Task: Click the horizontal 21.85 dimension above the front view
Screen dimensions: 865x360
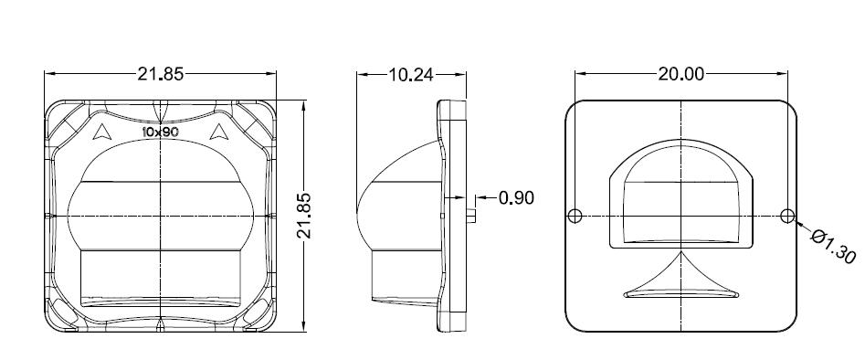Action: point(160,74)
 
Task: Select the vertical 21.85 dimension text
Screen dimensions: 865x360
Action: point(304,216)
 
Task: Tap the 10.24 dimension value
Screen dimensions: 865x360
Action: point(411,75)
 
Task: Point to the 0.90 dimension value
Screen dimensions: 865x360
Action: point(516,197)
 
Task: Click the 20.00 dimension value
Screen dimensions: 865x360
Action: point(680,74)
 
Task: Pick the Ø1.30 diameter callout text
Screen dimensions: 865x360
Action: point(833,247)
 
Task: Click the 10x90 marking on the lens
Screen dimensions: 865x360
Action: point(159,132)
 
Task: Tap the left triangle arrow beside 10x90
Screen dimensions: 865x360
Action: point(100,132)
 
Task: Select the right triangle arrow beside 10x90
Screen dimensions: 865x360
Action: point(219,132)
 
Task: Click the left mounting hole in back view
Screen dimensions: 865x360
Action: point(575,216)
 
